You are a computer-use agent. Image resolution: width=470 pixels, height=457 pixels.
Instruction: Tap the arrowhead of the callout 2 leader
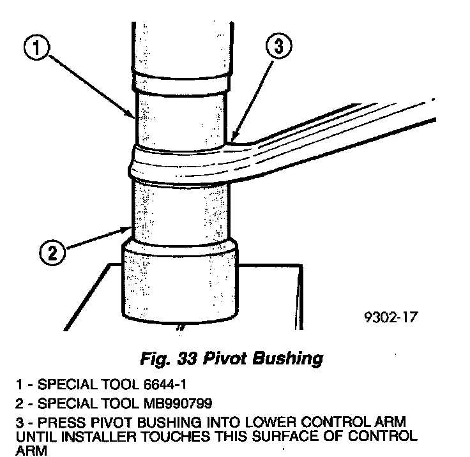[130, 228]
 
